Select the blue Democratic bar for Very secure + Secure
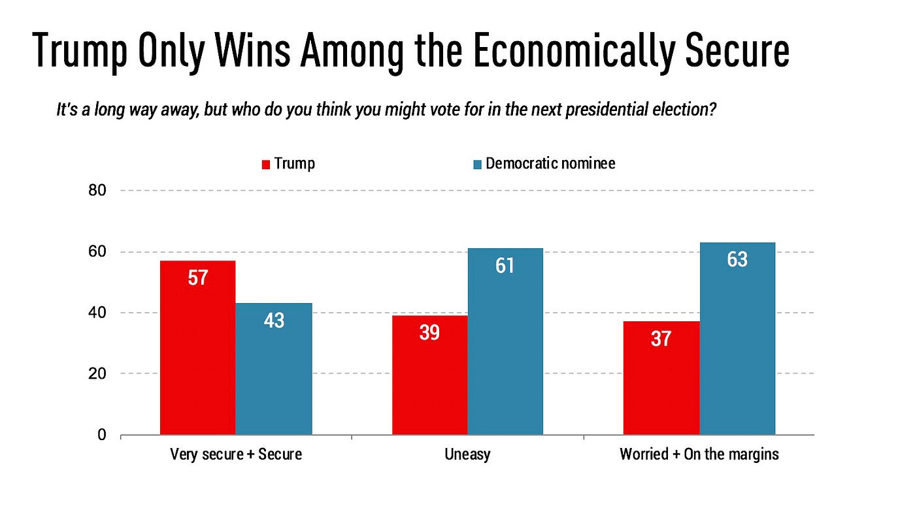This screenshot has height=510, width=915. pos(274,369)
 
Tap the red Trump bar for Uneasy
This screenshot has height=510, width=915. pos(429,375)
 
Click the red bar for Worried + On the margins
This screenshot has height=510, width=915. pos(661,378)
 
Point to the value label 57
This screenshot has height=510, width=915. pos(197,278)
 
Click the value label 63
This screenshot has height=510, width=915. pos(737,260)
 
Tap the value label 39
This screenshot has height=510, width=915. pos(429,332)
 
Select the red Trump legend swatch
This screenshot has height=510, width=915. pos(266,165)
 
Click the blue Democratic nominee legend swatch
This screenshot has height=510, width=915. pos(477,165)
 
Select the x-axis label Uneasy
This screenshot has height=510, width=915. pos(467,454)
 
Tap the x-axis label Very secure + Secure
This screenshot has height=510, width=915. pos(236,454)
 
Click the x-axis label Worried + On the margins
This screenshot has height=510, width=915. pos(699,454)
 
